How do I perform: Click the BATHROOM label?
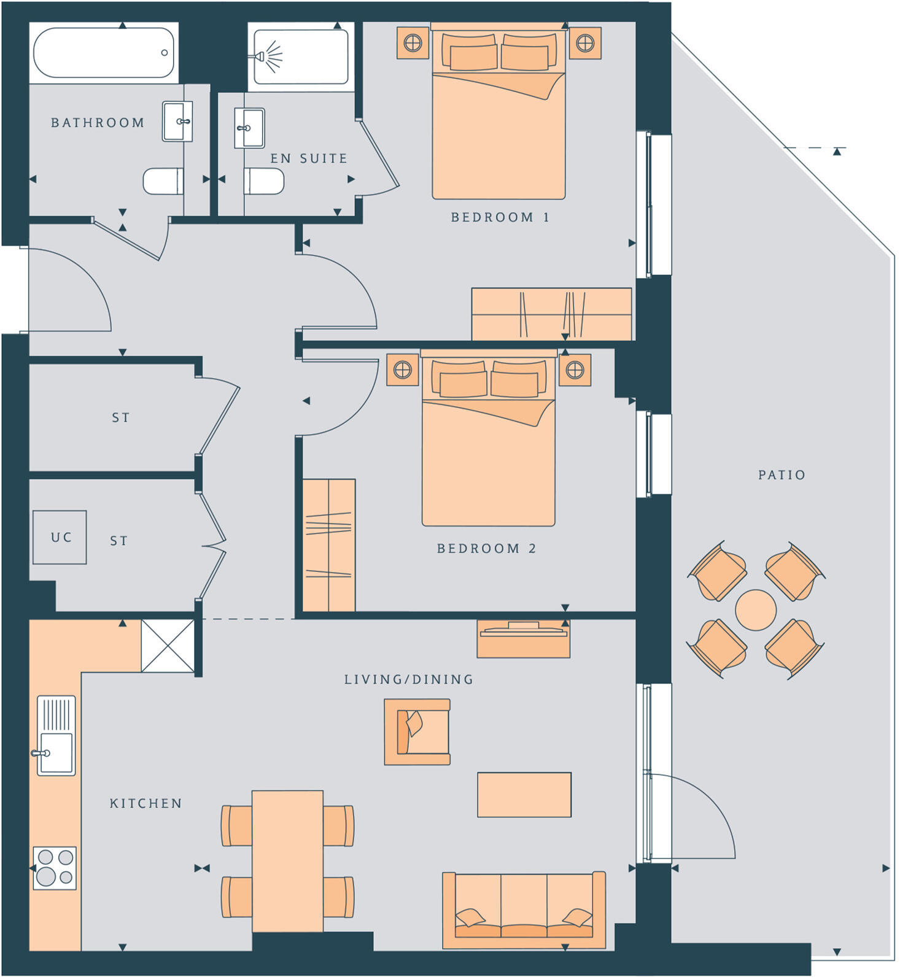click(x=98, y=123)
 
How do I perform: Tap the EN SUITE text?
click(x=309, y=158)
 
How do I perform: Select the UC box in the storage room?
click(x=60, y=537)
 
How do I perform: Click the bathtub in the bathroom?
click(x=104, y=53)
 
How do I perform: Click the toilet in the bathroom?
click(x=163, y=182)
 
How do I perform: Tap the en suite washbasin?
click(x=249, y=128)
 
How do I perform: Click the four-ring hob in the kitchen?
click(x=55, y=867)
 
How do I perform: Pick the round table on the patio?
click(x=756, y=610)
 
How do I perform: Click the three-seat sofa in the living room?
click(x=524, y=909)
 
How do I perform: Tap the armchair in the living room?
click(x=417, y=731)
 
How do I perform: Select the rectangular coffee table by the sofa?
click(x=524, y=795)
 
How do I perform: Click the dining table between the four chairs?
click(x=287, y=860)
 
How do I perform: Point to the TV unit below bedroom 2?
click(x=523, y=639)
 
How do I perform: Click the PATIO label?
click(x=782, y=475)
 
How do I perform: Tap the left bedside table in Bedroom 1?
click(x=413, y=43)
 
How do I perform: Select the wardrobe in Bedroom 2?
click(x=329, y=545)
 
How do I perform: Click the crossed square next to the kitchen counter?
click(x=168, y=646)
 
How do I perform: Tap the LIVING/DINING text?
click(x=409, y=679)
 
